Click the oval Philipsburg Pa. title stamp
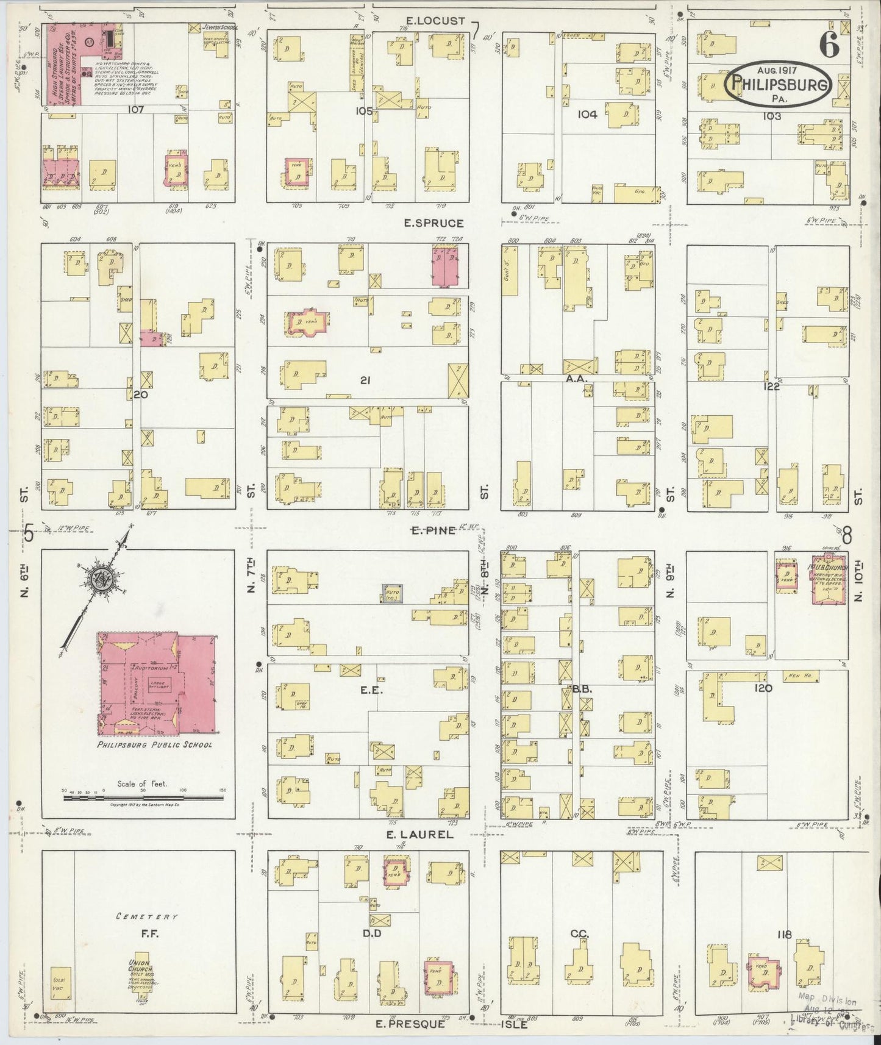(779, 85)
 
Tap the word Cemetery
(140, 916)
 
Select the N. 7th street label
(251, 580)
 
